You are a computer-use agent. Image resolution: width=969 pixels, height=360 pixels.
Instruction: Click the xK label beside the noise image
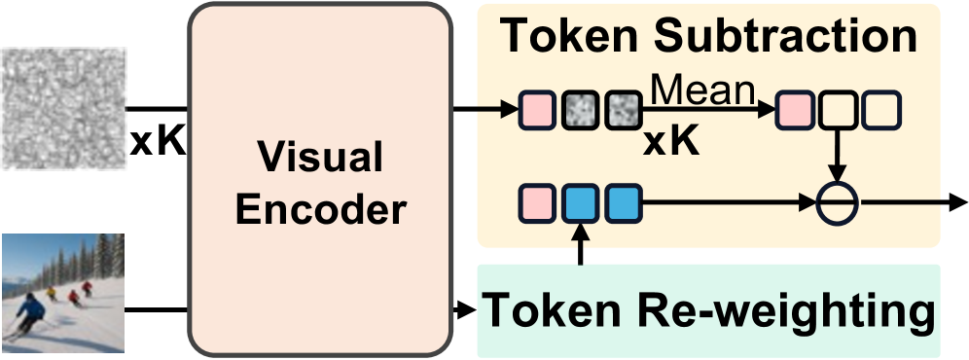tap(157, 143)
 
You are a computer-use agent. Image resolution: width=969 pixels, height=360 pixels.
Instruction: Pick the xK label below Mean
tap(670, 142)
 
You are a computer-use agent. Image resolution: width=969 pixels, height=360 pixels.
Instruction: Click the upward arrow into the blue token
tap(581, 243)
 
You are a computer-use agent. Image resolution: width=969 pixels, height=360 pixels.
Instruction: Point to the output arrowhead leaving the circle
tap(957, 204)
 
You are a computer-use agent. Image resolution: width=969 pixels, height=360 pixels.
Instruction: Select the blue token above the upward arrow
tap(581, 203)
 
